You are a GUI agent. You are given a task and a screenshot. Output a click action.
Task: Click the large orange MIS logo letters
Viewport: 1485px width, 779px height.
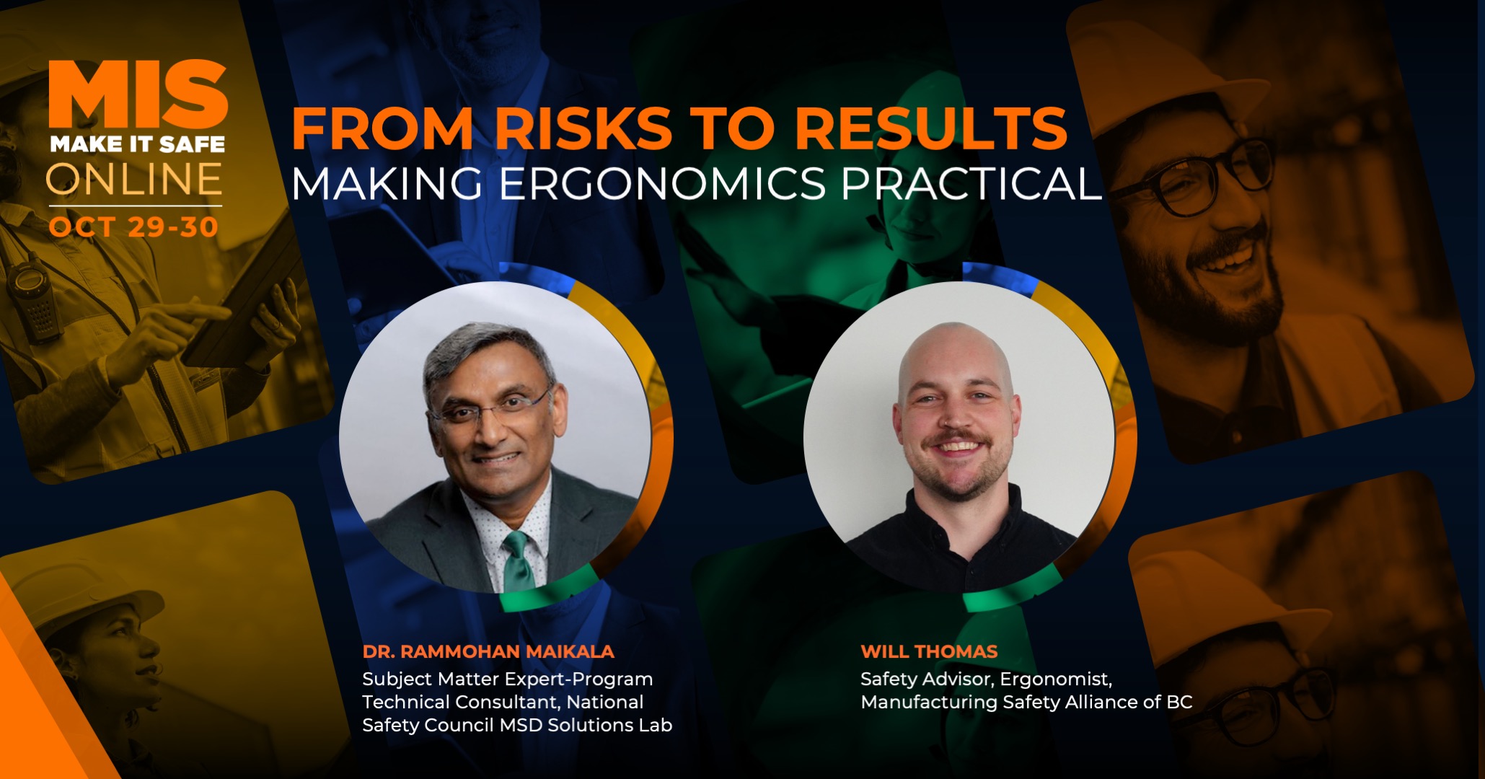[x=138, y=94]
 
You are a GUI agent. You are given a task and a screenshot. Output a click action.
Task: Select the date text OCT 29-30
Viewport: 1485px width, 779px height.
[x=134, y=227]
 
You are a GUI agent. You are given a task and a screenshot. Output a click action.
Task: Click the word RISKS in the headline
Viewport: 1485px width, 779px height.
[x=583, y=128]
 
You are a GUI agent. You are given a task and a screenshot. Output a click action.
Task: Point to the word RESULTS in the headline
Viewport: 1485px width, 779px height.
[x=930, y=128]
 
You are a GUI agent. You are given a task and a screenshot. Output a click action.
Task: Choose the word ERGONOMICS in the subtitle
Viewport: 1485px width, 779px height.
[x=662, y=183]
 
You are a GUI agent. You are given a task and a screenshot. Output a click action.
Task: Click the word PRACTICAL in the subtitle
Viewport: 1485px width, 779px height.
[x=971, y=183]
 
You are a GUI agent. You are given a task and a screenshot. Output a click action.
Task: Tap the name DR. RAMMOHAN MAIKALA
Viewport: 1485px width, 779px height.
[x=488, y=651]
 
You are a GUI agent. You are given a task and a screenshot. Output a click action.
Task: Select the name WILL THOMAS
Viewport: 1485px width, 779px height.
[x=929, y=651]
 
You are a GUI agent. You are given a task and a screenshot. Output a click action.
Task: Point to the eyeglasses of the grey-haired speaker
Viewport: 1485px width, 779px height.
[x=490, y=408]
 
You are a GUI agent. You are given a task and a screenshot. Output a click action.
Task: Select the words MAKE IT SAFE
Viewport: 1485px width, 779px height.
[x=138, y=144]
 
